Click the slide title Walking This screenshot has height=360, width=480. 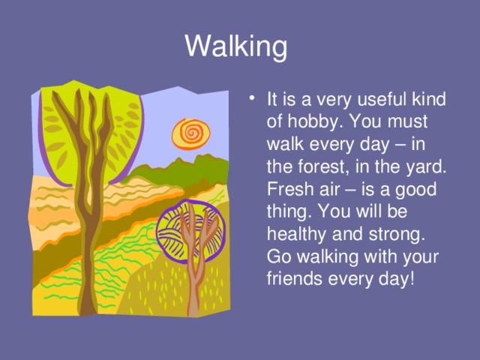235,47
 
